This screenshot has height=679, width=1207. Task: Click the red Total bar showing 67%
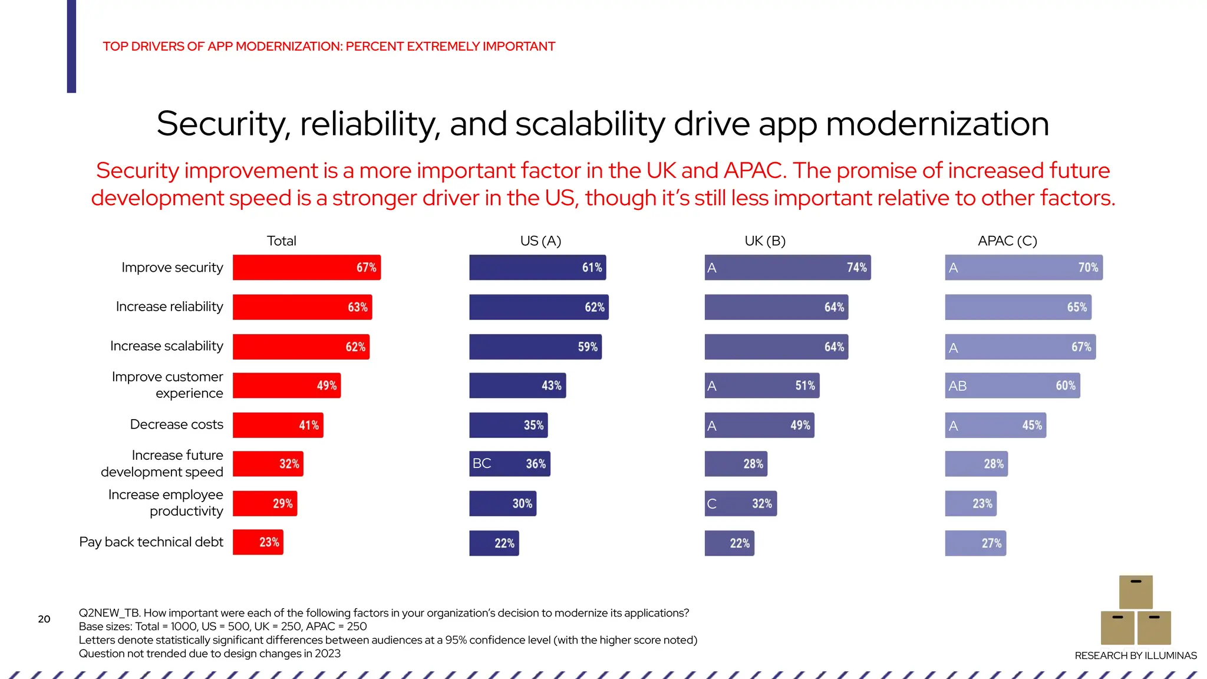[306, 267]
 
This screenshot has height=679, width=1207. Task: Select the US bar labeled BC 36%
[509, 464]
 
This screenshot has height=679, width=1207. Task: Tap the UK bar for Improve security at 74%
[787, 267]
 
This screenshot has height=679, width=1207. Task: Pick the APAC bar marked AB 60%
[1012, 385]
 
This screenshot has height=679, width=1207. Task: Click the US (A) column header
[540, 240]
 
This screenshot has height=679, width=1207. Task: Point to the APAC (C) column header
[1007, 240]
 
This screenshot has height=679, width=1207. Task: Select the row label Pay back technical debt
[151, 542]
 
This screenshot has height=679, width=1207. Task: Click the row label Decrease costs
[176, 424]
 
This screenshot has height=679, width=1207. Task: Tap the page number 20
[44, 619]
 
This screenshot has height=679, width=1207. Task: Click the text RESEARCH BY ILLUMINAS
[1135, 655]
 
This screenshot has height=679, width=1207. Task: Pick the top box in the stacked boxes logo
[1136, 592]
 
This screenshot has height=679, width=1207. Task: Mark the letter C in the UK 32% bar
[712, 504]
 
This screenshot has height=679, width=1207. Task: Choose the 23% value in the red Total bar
[269, 542]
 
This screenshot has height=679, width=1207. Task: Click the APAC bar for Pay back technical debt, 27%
[975, 543]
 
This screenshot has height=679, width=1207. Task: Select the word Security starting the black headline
[223, 124]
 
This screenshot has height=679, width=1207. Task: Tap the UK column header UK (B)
[764, 240]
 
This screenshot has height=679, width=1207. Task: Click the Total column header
[281, 240]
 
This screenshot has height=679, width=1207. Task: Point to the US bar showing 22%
[494, 543]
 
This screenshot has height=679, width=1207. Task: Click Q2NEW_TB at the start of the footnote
[108, 613]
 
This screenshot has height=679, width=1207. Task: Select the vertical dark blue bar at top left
[71, 46]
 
